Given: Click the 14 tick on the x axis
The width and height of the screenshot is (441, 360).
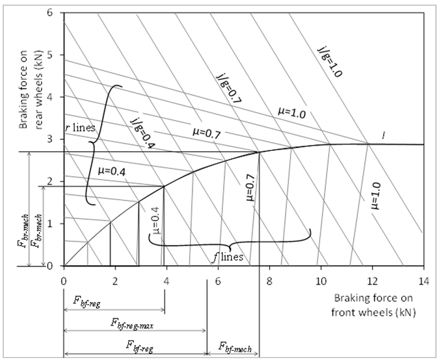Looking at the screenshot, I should (x=423, y=276).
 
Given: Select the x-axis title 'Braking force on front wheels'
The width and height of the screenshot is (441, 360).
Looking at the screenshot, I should (x=375, y=303).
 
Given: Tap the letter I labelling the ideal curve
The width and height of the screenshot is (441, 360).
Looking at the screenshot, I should (x=383, y=135).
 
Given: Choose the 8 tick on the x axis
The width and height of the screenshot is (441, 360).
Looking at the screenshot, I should (x=269, y=276).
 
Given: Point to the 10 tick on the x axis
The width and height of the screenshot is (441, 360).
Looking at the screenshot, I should (x=320, y=276).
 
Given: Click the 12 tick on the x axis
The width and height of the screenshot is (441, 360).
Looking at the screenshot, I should (x=371, y=276).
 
